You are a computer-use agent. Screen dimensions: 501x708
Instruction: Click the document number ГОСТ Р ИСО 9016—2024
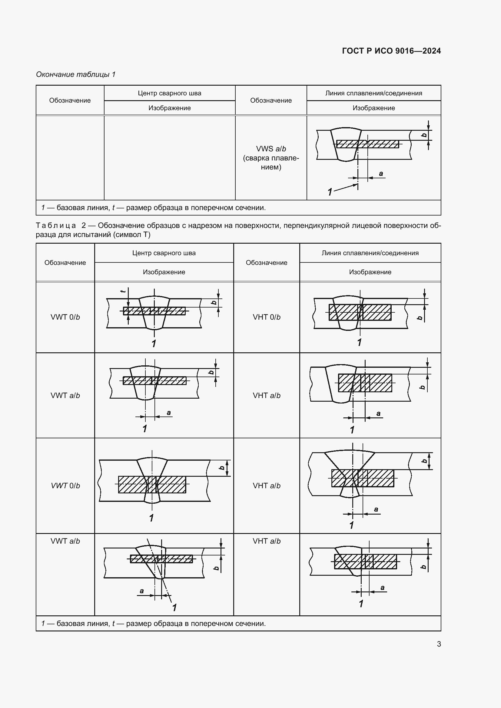tap(391, 51)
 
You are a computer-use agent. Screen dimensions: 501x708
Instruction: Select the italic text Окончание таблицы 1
tap(76, 74)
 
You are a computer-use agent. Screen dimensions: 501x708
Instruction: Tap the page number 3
tap(439, 644)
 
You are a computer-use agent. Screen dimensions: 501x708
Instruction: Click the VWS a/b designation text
tap(271, 149)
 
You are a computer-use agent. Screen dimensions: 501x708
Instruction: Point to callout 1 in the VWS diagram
tap(330, 192)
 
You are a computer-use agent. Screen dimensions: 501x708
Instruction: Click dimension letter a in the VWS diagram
tap(381, 174)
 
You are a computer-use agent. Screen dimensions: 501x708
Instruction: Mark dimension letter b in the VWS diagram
tap(424, 135)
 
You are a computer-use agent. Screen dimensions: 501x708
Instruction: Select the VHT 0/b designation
tap(267, 317)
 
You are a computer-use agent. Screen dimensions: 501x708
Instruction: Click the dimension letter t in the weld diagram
tap(123, 291)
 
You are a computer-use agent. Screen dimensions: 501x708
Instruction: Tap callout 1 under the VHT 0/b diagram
tap(360, 342)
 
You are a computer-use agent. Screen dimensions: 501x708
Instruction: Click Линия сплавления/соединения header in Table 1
tap(373, 93)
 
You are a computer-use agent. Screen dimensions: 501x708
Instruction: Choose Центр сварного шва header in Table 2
tap(164, 253)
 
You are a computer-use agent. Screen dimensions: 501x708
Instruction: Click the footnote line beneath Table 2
tap(153, 624)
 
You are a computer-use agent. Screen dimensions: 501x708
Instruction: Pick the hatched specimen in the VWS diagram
tap(367, 144)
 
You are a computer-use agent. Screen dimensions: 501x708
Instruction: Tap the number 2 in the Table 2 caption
tap(84, 226)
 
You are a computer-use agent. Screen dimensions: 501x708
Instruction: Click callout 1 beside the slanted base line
tap(174, 608)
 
